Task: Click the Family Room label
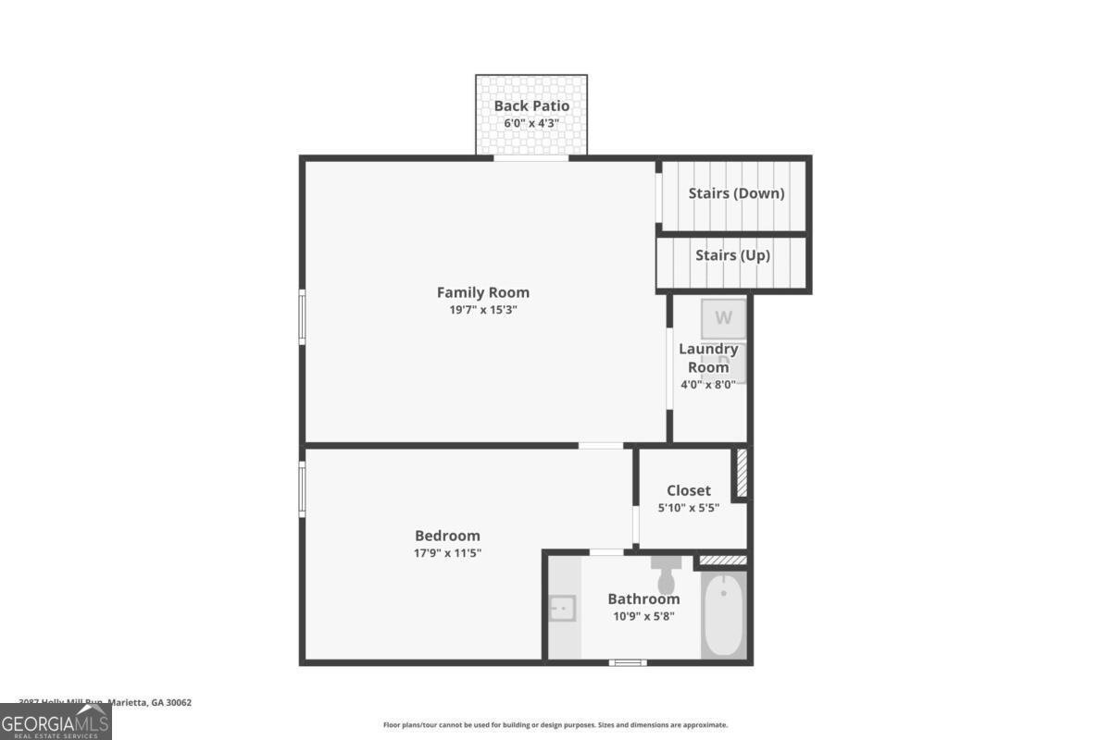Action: [x=482, y=292]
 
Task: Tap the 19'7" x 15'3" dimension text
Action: [x=482, y=311]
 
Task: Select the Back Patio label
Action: [x=531, y=105]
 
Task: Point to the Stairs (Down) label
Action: [x=736, y=193]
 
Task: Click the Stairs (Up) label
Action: [x=732, y=255]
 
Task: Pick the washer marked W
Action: [x=723, y=318]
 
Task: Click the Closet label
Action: [x=689, y=490]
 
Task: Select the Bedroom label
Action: [x=447, y=536]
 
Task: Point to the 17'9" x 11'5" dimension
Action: [x=447, y=553]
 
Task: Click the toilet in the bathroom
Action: [x=666, y=573]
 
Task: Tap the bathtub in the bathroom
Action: [x=724, y=614]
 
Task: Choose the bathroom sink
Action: [x=561, y=609]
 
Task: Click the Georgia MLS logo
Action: [x=56, y=721]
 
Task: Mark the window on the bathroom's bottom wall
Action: [x=627, y=661]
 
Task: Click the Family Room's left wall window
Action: [x=302, y=318]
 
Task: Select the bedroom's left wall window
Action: [x=302, y=487]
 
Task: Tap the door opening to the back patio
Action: [x=531, y=158]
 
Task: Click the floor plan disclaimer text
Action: [x=555, y=725]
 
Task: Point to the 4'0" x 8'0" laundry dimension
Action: [x=708, y=385]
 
